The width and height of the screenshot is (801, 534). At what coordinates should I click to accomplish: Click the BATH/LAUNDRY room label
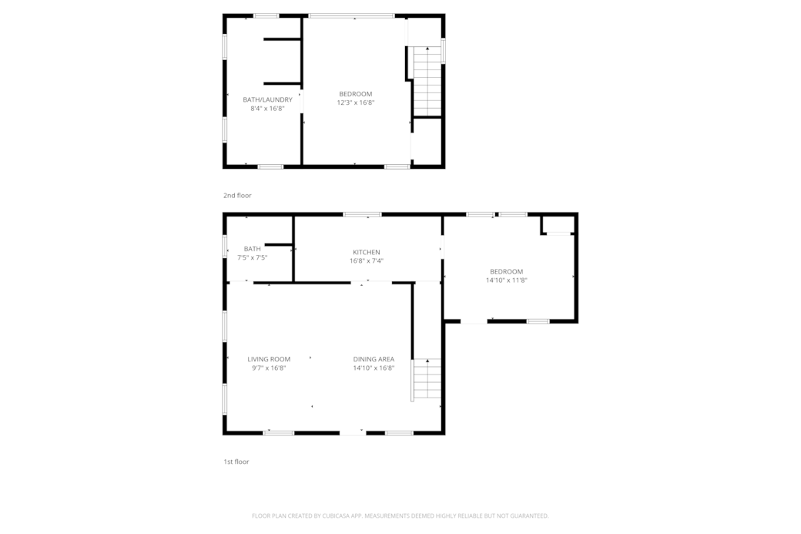pyautogui.click(x=267, y=99)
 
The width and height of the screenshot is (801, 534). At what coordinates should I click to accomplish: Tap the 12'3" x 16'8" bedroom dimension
pyautogui.click(x=355, y=102)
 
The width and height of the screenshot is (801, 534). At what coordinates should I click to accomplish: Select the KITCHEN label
pyautogui.click(x=366, y=252)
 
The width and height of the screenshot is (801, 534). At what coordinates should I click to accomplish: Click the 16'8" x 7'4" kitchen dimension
pyautogui.click(x=366, y=261)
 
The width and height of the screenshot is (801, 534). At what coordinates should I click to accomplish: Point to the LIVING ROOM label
pyautogui.click(x=269, y=359)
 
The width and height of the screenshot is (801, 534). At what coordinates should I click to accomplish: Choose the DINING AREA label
pyautogui.click(x=374, y=359)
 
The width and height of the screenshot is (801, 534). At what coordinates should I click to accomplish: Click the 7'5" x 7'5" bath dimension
pyautogui.click(x=252, y=257)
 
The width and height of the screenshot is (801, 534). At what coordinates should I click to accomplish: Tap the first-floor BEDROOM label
pyautogui.click(x=506, y=271)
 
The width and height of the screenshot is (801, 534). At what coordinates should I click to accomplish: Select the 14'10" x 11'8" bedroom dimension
pyautogui.click(x=506, y=280)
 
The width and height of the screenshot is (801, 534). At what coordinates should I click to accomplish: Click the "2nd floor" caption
pyautogui.click(x=237, y=196)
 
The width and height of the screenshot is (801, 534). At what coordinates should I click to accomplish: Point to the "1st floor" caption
pyautogui.click(x=236, y=462)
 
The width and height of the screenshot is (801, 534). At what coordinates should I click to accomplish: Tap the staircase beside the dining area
pyautogui.click(x=427, y=379)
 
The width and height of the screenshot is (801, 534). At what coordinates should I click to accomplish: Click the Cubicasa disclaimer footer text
pyautogui.click(x=400, y=516)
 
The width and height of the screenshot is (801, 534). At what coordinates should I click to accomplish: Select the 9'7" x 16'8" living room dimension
pyautogui.click(x=269, y=368)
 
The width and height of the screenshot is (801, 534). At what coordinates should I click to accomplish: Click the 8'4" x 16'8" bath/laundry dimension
pyautogui.click(x=267, y=109)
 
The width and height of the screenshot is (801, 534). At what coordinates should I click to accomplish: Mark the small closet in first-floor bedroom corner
pyautogui.click(x=557, y=224)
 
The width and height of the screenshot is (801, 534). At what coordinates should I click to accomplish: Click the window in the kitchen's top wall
pyautogui.click(x=362, y=214)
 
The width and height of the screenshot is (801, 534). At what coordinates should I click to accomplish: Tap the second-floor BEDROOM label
pyautogui.click(x=355, y=94)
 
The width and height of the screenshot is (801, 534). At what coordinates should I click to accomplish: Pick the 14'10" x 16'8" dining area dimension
pyautogui.click(x=374, y=368)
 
